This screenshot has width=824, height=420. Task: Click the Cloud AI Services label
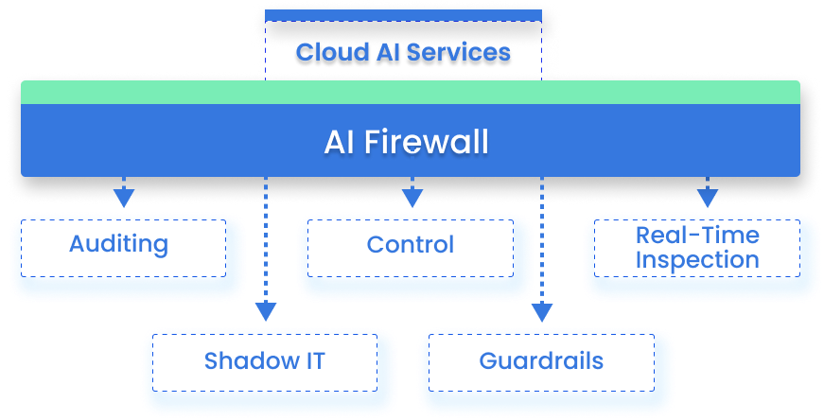pos(403,52)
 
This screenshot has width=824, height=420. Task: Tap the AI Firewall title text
pos(406,142)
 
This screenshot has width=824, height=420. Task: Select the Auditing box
pos(118,245)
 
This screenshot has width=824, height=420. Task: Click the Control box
pos(410,245)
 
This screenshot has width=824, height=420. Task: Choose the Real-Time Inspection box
pos(696,247)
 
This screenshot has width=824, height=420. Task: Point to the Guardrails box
pos(541,360)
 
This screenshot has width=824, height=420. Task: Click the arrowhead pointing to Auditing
pos(123,198)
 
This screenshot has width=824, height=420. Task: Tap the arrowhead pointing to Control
pos(412,198)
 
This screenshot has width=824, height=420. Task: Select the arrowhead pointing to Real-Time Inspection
pos(708,198)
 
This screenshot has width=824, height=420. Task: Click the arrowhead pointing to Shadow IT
pos(266,311)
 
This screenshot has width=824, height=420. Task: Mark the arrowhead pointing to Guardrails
pos(541,311)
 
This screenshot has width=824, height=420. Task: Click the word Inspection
pos(696,259)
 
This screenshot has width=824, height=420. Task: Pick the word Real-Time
pos(696,235)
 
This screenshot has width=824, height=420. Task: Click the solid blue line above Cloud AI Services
pos(403,16)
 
